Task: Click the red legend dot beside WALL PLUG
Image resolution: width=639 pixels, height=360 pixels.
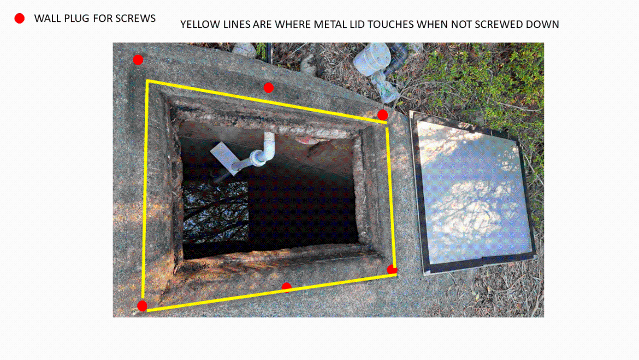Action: (x=20, y=19)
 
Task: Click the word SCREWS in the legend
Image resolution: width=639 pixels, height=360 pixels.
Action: (x=135, y=19)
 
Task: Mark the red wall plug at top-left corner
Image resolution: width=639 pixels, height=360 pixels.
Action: (x=138, y=60)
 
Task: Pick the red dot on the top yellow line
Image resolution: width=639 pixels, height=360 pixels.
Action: (x=268, y=88)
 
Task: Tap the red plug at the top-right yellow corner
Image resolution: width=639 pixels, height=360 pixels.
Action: (x=382, y=115)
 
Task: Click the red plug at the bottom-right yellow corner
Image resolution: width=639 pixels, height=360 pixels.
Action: (x=392, y=269)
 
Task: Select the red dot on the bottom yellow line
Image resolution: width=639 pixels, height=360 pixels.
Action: (x=286, y=287)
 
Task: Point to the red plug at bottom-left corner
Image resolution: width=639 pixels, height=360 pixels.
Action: (x=142, y=306)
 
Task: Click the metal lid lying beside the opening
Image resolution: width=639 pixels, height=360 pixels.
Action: (x=472, y=194)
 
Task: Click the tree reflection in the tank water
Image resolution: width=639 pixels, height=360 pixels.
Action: (x=215, y=211)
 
